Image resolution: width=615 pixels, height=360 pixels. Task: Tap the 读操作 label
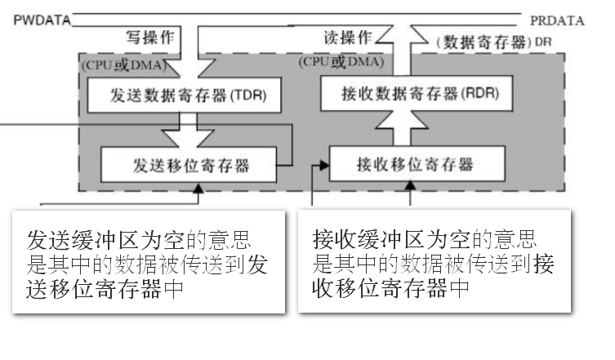click(345, 38)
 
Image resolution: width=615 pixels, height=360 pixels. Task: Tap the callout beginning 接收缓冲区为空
click(434, 263)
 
